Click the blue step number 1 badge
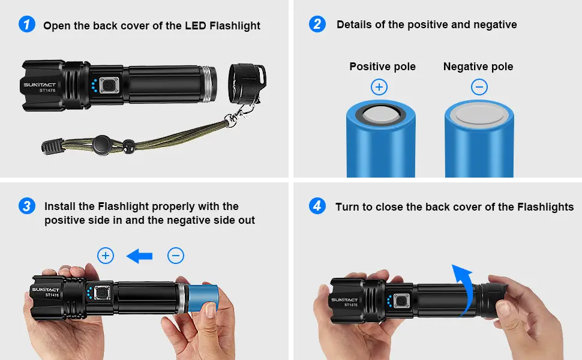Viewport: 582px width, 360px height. (x=27, y=25)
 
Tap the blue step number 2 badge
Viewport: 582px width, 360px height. (x=317, y=24)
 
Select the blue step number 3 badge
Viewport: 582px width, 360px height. (x=27, y=206)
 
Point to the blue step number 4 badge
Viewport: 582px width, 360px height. (x=317, y=206)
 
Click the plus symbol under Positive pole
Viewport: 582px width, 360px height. (x=379, y=87)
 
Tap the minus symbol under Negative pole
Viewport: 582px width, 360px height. (x=479, y=87)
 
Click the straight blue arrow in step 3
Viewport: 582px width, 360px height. (x=139, y=256)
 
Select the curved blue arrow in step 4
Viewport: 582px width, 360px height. (x=465, y=289)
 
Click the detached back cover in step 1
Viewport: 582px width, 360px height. (x=247, y=83)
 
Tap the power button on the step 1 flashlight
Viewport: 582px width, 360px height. (x=109, y=86)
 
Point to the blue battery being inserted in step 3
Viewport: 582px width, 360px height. (x=203, y=298)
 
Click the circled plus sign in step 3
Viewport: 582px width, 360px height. (x=106, y=256)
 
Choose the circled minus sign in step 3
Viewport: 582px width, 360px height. (x=176, y=256)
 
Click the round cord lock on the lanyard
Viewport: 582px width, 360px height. (x=102, y=145)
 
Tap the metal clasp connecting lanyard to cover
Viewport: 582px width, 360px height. (x=236, y=115)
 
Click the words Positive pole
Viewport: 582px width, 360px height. (x=382, y=67)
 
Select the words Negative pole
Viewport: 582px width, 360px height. (x=478, y=67)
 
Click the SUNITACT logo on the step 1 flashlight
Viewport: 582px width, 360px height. (x=40, y=85)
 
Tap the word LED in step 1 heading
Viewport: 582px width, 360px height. (x=196, y=26)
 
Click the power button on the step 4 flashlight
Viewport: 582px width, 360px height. (x=401, y=301)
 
